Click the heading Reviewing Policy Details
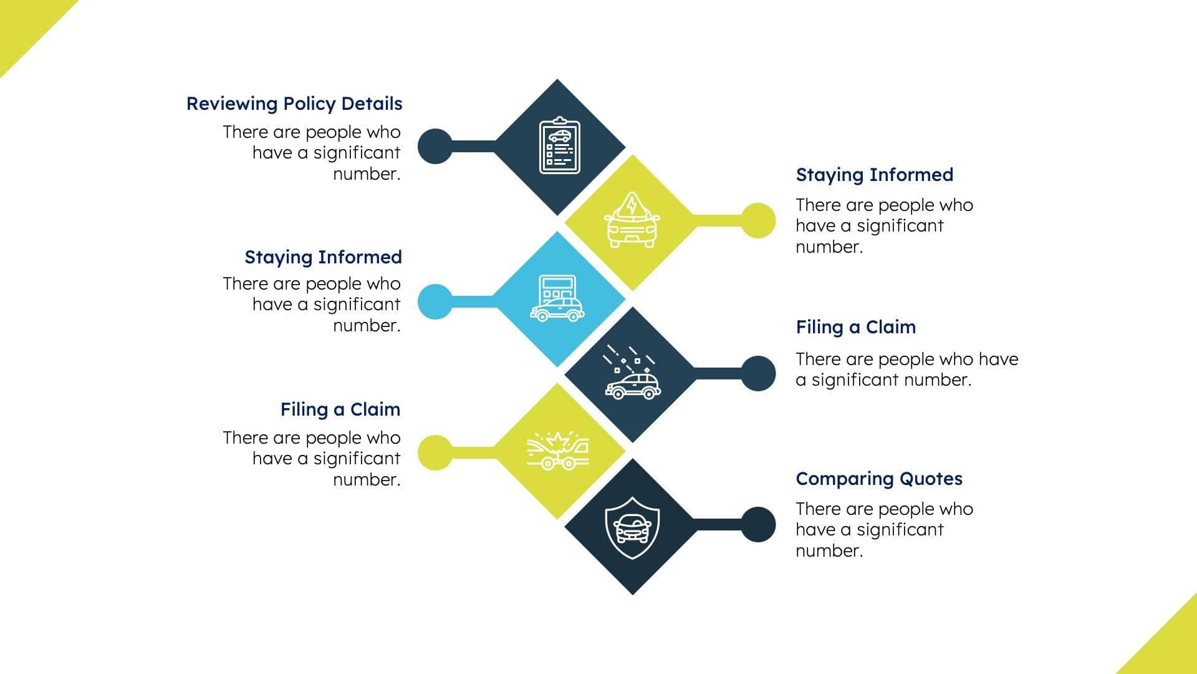294,104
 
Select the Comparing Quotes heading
879,479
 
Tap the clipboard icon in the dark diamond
559,146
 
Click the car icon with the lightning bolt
632,220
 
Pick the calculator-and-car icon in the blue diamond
557,299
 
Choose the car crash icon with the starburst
557,451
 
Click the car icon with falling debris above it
632,373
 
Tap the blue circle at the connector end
435,301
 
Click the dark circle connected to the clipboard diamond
435,147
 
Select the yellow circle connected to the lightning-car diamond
758,220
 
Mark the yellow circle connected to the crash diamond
435,452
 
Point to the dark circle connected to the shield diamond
758,524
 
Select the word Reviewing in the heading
232,104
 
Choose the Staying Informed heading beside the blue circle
323,257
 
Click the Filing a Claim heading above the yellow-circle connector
340,409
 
